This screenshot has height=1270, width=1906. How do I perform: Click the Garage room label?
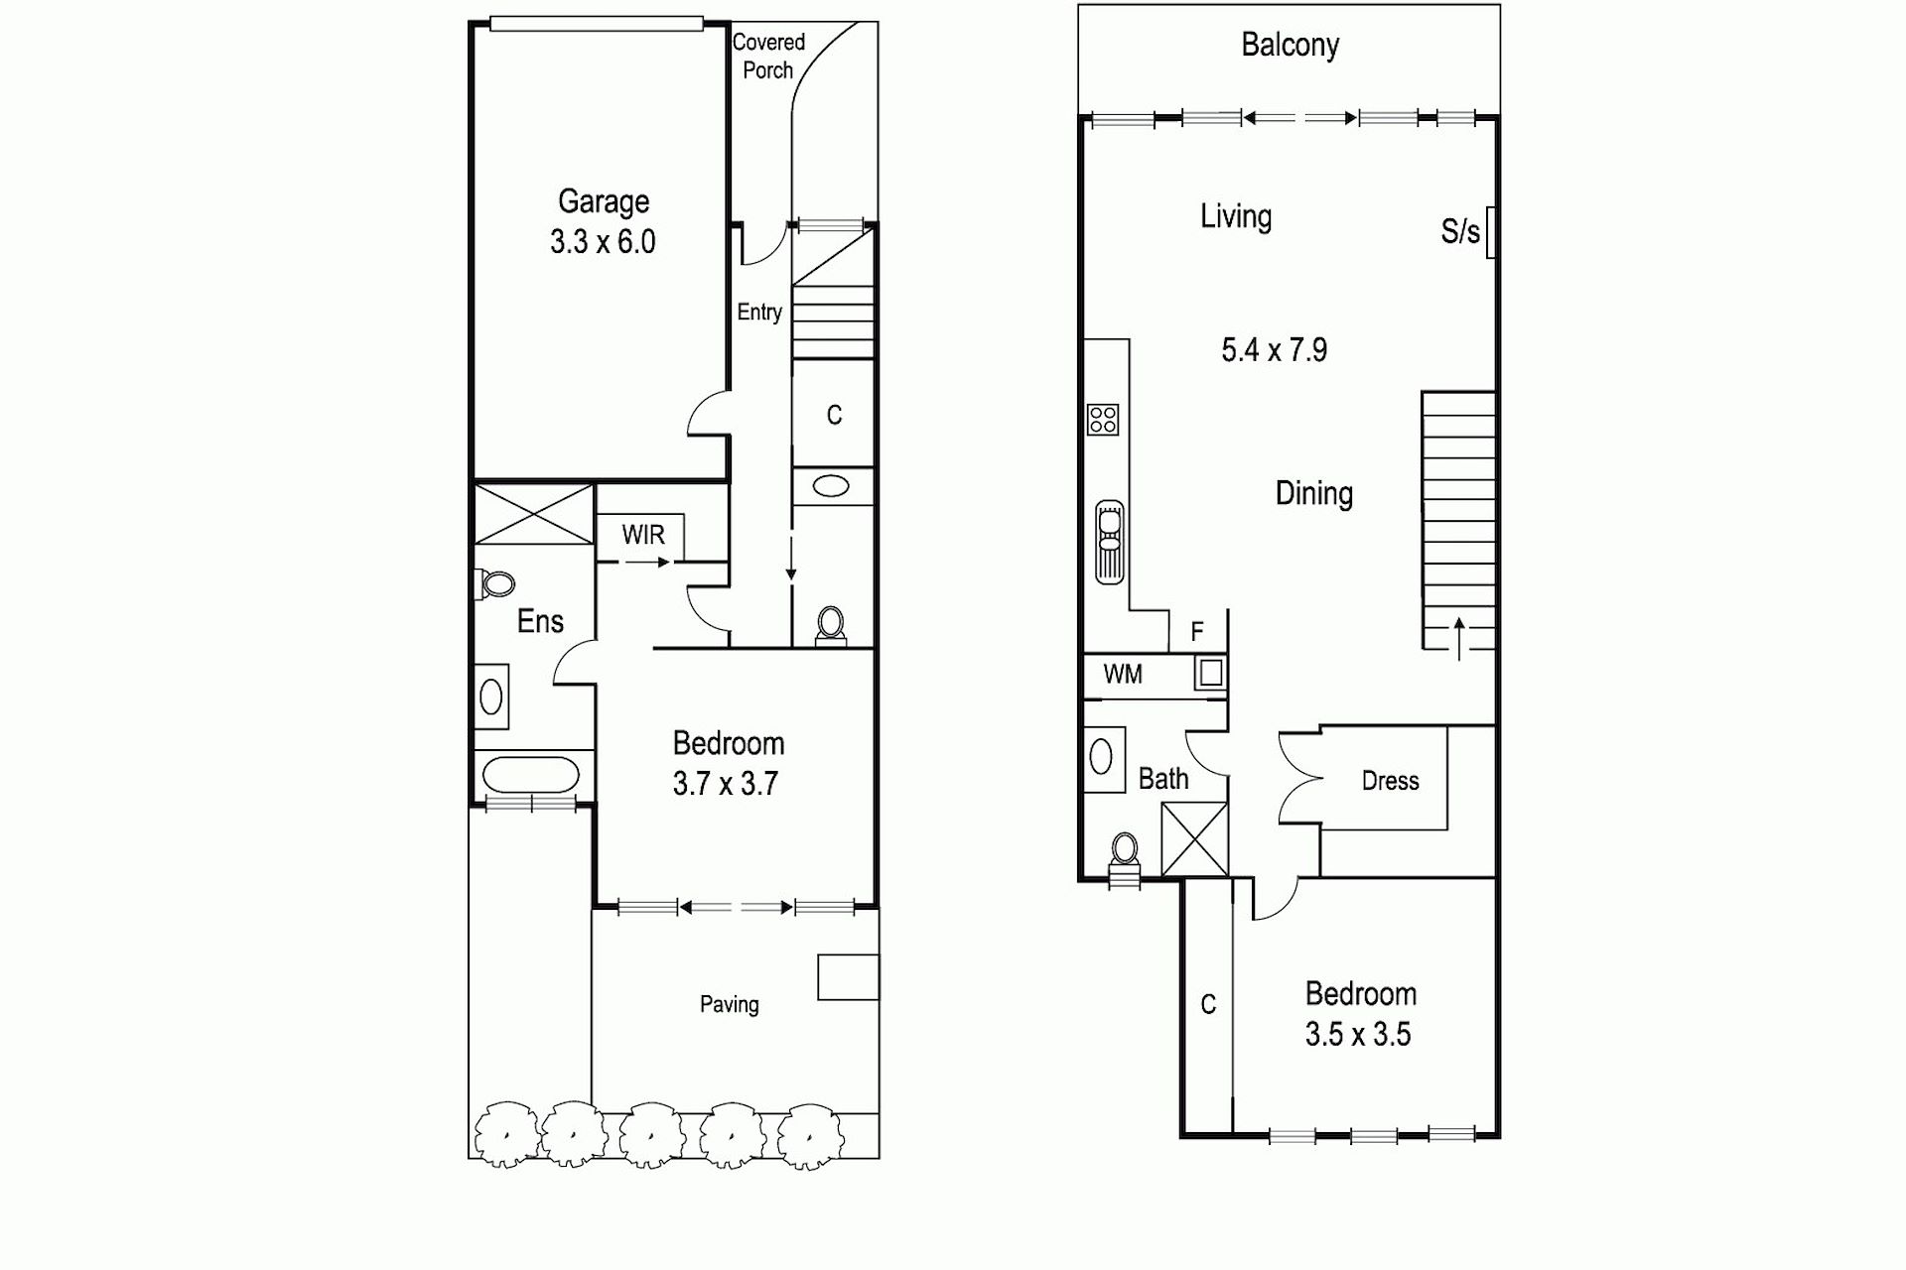pyautogui.click(x=604, y=201)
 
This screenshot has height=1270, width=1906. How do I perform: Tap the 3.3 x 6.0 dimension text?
pyautogui.click(x=603, y=242)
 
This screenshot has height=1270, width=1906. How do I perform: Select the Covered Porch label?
pyautogui.click(x=768, y=56)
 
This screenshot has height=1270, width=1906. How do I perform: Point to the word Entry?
pyautogui.click(x=759, y=313)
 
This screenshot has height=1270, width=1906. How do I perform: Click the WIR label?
pyautogui.click(x=643, y=535)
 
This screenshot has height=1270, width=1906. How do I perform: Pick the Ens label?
pyautogui.click(x=540, y=621)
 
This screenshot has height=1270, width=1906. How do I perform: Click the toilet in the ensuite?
pyautogui.click(x=494, y=584)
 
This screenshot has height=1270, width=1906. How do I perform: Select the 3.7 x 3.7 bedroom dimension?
pyautogui.click(x=726, y=784)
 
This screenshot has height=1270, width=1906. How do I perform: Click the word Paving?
pyautogui.click(x=730, y=1004)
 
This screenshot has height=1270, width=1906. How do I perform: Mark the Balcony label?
pyautogui.click(x=1291, y=45)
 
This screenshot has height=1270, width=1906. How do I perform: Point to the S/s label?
pyautogui.click(x=1460, y=232)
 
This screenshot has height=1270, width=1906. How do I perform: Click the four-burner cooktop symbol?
pyautogui.click(x=1104, y=420)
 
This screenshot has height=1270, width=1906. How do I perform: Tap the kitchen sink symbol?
pyautogui.click(x=1110, y=542)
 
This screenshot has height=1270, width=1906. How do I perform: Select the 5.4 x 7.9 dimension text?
pyautogui.click(x=1275, y=350)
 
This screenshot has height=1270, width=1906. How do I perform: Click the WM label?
pyautogui.click(x=1123, y=675)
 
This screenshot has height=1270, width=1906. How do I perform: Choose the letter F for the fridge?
pyautogui.click(x=1197, y=631)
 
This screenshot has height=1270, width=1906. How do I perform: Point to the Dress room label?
pyautogui.click(x=1390, y=781)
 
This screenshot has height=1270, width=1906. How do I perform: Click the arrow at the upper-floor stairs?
pyautogui.click(x=1459, y=638)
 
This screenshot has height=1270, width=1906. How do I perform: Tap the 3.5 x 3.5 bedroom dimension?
pyautogui.click(x=1358, y=1035)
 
